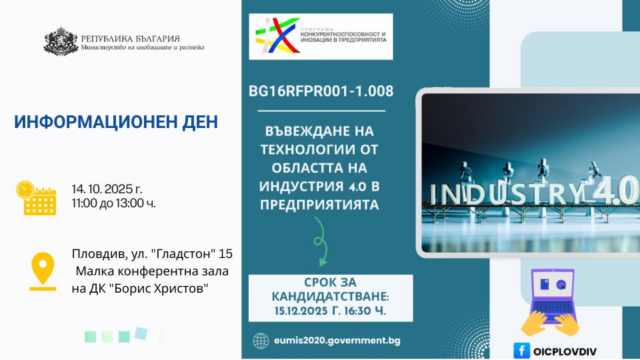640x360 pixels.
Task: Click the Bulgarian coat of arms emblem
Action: coord(61,41)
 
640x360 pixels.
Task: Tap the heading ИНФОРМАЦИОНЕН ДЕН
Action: coord(116,122)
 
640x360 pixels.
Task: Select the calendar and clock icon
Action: coord(36,198)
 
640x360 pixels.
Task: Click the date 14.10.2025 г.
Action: coord(107,189)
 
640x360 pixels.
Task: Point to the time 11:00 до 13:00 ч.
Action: coord(114,203)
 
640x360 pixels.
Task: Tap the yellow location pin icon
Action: coord(43,271)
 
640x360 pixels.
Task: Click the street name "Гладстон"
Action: coord(183,254)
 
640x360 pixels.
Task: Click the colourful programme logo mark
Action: coord(277,35)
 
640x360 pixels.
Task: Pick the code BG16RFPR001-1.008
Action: coord(321,91)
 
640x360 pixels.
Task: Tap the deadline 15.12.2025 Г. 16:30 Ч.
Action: coord(330,311)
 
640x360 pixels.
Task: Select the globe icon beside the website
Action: coord(261,341)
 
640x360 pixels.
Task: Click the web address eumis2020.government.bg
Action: coord(337,341)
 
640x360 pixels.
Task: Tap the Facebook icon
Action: coord(521,351)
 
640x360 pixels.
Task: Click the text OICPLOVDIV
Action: coord(565,351)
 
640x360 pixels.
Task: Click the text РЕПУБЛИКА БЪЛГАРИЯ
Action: coord(130,39)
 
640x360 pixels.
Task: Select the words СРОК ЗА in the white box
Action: coord(330,283)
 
